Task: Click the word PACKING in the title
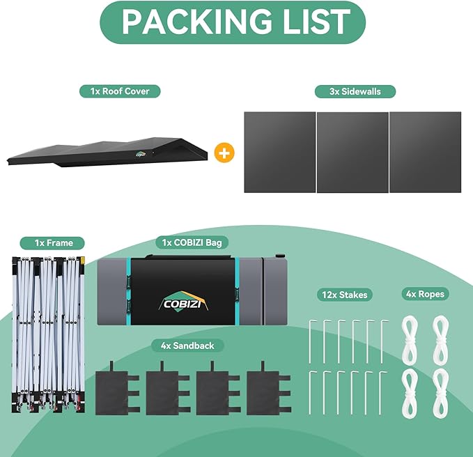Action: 196,22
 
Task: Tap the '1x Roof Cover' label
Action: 120,91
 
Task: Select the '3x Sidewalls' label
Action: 355,91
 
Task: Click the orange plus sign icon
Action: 224,153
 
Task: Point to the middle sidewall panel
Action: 352,153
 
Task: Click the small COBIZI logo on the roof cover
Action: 141,154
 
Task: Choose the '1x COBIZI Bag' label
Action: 192,242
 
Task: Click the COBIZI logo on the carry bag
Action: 183,302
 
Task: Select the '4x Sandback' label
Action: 187,346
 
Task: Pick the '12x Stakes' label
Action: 345,295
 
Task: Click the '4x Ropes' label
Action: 426,294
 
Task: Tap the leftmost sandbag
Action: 117,389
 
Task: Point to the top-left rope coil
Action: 410,340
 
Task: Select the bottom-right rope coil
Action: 440,394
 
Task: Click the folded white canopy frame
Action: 48,334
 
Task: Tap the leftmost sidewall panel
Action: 280,153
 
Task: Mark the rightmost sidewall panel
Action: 426,153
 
